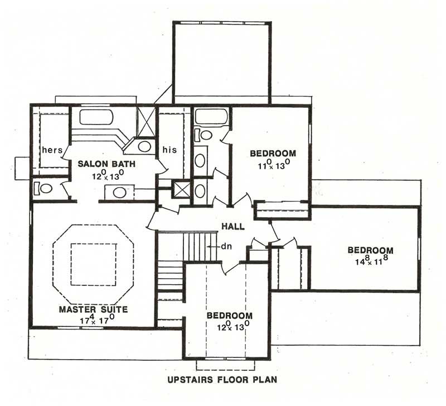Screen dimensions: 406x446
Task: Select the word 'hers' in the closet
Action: point(51,150)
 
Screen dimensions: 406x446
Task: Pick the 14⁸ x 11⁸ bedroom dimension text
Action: point(370,260)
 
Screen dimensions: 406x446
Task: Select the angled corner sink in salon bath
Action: point(143,147)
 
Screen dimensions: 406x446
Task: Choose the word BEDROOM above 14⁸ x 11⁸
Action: point(370,250)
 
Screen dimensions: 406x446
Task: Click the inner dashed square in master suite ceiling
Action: point(93,264)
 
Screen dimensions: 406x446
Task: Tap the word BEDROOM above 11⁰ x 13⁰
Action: point(272,154)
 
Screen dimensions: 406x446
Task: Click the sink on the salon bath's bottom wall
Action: point(120,193)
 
